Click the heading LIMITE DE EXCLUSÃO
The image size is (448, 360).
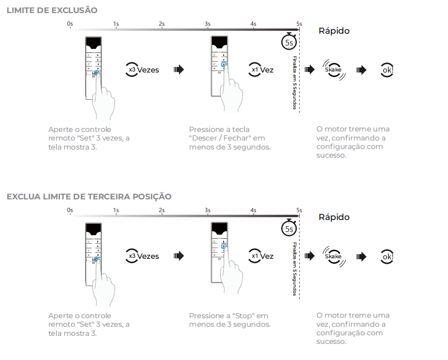[x=52, y=10]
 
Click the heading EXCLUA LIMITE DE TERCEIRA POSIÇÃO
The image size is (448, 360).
[x=89, y=196]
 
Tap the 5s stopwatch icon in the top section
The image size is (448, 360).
[x=289, y=42]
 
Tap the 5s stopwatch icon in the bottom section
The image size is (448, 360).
[x=289, y=228]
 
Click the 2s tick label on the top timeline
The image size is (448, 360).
[x=161, y=24]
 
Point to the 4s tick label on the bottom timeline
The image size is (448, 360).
[x=253, y=210]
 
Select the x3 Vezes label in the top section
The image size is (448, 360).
[x=143, y=69]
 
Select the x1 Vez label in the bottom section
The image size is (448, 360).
[x=262, y=256]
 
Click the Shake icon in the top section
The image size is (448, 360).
[x=333, y=69]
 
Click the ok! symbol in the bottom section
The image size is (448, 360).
[x=387, y=256]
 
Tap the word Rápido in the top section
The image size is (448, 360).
[x=334, y=31]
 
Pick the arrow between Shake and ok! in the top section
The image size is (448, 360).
[x=361, y=69]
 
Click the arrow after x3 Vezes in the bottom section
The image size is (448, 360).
[x=178, y=256]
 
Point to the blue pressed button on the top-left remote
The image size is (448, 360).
[x=97, y=73]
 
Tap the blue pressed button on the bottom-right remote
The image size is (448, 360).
[x=224, y=246]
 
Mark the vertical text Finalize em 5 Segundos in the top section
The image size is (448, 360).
[x=294, y=82]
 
